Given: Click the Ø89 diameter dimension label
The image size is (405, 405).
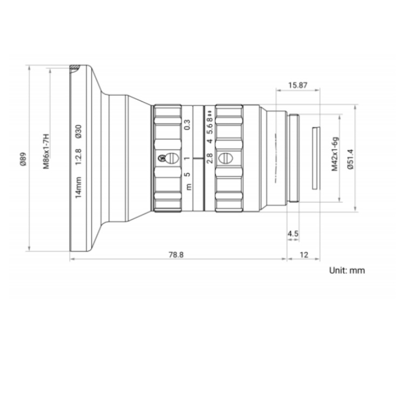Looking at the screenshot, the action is (x=23, y=159).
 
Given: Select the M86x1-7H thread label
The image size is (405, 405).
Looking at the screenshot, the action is (x=46, y=151).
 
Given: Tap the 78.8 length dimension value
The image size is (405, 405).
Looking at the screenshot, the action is (x=176, y=255).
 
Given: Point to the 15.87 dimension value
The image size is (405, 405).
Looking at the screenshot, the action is (x=298, y=85).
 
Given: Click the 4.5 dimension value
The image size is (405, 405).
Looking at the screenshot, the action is (x=293, y=234).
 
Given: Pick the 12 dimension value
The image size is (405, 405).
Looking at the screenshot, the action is (x=304, y=255).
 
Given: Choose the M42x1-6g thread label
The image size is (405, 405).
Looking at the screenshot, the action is (x=335, y=154).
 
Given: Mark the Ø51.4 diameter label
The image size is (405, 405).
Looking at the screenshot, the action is (x=350, y=159).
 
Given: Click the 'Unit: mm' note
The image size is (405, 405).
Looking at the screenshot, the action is (x=347, y=271).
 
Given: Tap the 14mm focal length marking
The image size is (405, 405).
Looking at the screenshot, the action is (x=78, y=187).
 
